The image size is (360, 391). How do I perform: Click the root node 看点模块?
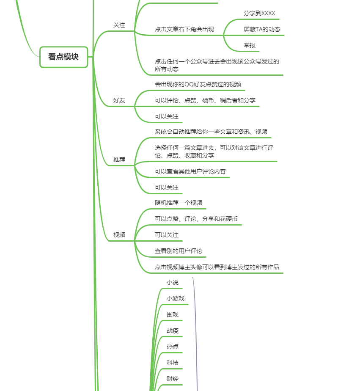(x=63, y=57)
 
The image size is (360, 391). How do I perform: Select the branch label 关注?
(x=119, y=25)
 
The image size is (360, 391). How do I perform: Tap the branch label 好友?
(x=119, y=101)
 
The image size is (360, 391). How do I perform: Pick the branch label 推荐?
(x=119, y=160)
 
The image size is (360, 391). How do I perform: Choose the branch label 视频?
(x=119, y=235)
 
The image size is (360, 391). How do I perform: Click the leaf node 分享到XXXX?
(x=259, y=14)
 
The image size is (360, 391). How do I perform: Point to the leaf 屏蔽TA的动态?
(x=262, y=30)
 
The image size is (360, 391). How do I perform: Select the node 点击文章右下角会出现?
(x=184, y=30)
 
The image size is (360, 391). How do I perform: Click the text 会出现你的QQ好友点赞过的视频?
(x=198, y=84)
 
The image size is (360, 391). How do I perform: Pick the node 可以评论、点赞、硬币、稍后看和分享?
(x=205, y=100)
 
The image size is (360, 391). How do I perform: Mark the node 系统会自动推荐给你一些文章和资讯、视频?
(x=211, y=132)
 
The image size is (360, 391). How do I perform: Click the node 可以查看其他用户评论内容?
(x=190, y=172)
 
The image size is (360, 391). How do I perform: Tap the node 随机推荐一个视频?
(x=179, y=203)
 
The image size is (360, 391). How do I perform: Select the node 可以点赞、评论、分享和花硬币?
(x=196, y=219)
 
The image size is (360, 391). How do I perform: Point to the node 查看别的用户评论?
(x=179, y=251)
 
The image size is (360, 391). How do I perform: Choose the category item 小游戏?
(x=176, y=299)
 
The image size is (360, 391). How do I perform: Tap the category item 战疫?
(x=173, y=331)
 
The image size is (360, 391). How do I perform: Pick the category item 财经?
(x=173, y=379)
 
